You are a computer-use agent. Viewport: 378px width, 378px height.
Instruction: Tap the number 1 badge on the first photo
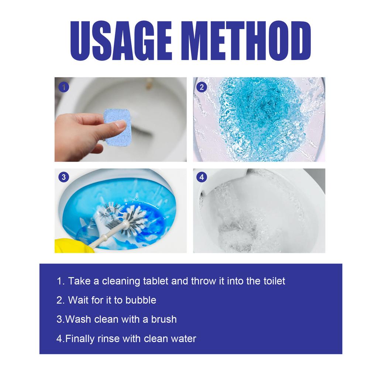click(x=64, y=87)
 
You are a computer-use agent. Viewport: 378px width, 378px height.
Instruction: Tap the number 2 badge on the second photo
click(x=202, y=87)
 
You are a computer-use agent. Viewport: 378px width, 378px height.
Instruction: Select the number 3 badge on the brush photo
click(x=64, y=177)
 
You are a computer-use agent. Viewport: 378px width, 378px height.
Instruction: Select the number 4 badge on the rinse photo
click(x=202, y=177)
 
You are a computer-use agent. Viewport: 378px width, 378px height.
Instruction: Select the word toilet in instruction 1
click(x=273, y=281)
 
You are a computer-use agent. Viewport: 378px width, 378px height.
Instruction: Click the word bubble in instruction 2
click(x=141, y=300)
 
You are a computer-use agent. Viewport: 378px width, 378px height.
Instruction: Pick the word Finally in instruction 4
click(x=80, y=338)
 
